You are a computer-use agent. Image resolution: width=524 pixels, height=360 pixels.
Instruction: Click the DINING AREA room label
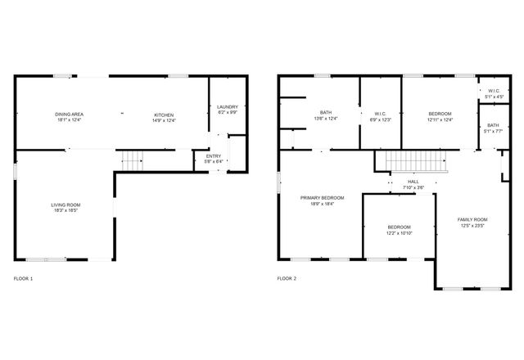tap(70, 114)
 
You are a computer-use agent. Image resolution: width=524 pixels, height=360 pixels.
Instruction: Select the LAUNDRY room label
tap(227, 106)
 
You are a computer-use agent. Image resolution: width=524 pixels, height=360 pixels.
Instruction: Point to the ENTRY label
tap(213, 156)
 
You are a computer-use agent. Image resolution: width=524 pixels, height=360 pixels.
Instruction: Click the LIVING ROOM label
tap(67, 205)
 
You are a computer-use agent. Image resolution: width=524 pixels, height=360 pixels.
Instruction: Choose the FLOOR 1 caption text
tap(24, 279)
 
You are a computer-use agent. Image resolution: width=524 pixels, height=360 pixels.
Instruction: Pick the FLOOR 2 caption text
tap(287, 279)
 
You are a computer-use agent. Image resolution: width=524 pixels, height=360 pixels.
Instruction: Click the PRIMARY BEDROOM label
tap(322, 198)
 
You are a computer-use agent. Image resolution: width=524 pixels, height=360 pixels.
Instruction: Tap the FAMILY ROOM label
tap(472, 219)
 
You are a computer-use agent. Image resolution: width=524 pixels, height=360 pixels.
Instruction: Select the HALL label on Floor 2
tap(413, 182)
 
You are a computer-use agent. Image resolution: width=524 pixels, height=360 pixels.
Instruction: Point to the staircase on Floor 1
tap(131, 161)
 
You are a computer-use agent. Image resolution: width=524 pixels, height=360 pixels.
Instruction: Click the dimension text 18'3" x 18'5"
tap(67, 211)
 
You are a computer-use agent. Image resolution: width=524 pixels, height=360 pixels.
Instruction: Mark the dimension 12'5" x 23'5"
tap(472, 226)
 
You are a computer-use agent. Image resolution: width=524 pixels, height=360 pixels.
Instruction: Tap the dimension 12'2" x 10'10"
tap(400, 233)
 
